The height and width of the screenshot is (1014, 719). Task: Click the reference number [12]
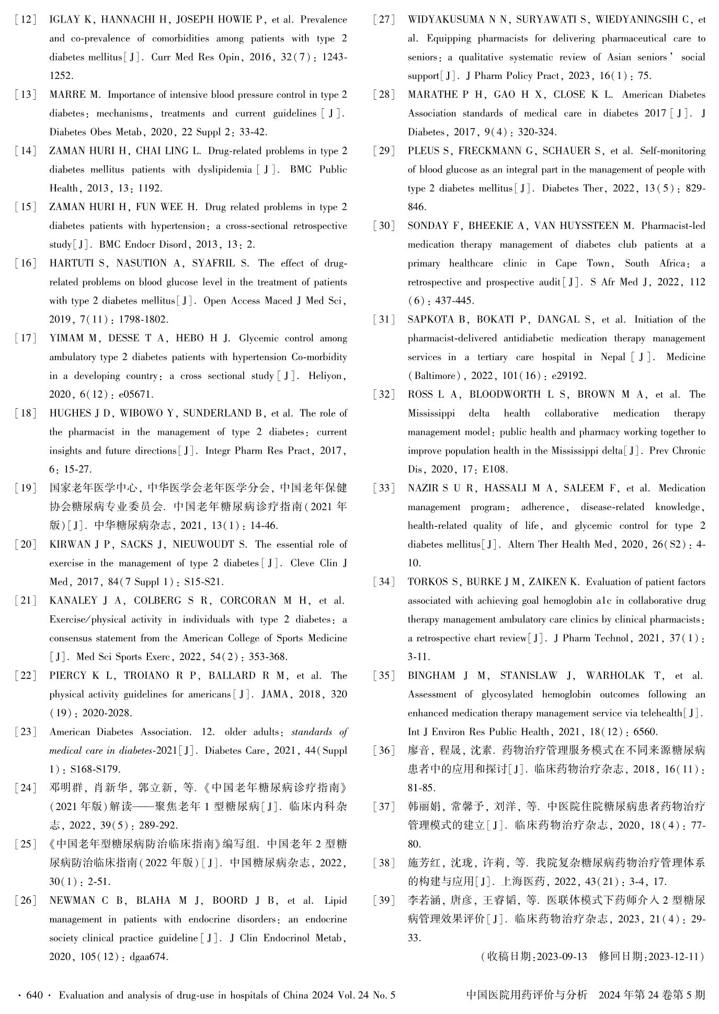click(x=26, y=20)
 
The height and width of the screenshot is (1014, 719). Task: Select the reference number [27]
click(x=384, y=20)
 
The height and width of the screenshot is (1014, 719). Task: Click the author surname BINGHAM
click(x=431, y=676)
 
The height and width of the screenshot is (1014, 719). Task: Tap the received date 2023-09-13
click(x=562, y=957)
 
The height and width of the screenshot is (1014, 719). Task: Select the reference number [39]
click(x=384, y=901)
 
